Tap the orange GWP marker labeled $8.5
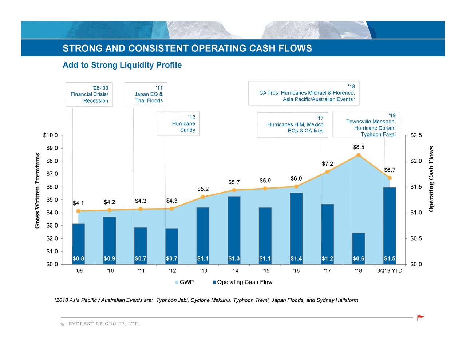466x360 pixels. [359, 155]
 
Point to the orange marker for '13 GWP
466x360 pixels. [203, 197]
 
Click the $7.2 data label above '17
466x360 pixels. [327, 164]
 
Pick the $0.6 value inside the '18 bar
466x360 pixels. [359, 259]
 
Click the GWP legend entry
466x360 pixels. [185, 282]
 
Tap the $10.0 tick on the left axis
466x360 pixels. [50, 135]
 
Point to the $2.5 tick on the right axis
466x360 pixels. [416, 135]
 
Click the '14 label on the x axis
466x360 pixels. [234, 271]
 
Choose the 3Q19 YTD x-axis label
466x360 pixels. [390, 271]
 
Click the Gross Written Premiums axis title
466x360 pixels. [37, 191]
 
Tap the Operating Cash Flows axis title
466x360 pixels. [432, 179]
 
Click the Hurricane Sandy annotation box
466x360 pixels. [178, 123]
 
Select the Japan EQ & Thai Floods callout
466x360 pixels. [146, 94]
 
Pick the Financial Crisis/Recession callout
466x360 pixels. [89, 94]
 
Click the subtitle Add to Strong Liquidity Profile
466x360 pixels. [122, 65]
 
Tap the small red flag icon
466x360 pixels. [420, 317]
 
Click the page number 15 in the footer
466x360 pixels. [62, 324]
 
